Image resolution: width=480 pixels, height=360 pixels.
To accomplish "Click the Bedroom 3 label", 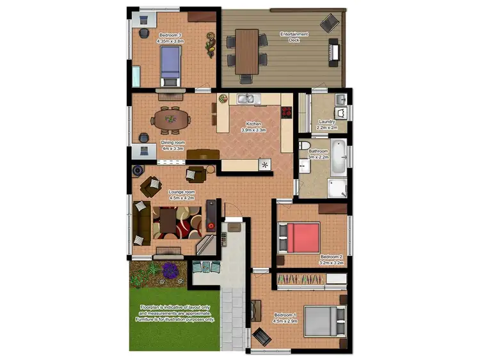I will coord(170,38).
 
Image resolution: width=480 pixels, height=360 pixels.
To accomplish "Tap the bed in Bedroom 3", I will coord(170,65).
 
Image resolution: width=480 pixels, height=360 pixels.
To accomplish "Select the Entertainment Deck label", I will coord(294,37).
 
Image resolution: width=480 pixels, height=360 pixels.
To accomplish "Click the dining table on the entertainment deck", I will coord(247,51).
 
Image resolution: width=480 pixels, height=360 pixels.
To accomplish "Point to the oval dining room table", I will coord(171,118).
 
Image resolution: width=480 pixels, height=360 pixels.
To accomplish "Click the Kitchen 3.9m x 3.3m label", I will coord(253,127).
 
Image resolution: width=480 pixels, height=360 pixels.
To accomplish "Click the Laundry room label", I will coord(328,125).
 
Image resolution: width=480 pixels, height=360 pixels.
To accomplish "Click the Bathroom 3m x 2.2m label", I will coord(318,153).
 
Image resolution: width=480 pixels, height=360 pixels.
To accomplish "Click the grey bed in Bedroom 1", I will coord(325,320).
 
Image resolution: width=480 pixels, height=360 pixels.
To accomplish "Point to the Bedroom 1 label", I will coord(285,318).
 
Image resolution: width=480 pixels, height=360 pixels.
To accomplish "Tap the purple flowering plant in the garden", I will coord(170,271).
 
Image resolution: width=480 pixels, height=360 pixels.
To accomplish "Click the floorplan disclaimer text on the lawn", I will coord(179,313).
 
